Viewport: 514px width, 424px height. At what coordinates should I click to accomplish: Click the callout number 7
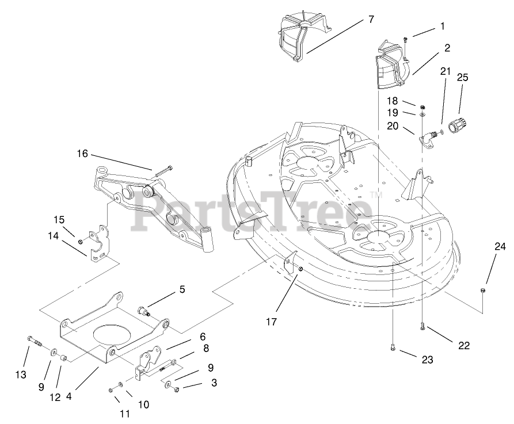371,20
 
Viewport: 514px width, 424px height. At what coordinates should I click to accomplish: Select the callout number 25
462,77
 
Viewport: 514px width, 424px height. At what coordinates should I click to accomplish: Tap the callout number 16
82,154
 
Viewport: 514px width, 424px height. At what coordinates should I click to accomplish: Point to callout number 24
499,247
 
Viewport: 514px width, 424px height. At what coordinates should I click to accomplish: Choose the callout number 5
182,290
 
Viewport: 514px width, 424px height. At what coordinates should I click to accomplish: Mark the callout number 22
463,345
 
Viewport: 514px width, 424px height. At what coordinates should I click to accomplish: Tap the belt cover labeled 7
302,37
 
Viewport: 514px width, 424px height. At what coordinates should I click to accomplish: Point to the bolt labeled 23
392,346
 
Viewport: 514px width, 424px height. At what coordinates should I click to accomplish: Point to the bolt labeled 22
422,326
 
